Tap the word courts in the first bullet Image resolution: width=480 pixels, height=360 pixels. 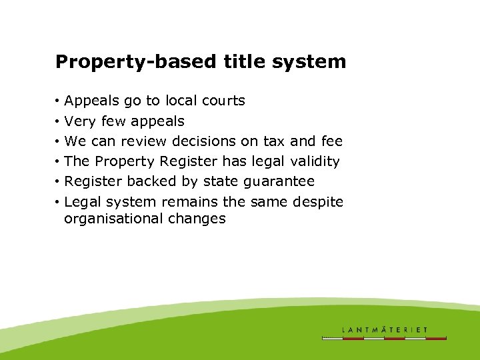click(x=222, y=101)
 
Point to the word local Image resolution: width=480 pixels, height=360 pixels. click(x=179, y=101)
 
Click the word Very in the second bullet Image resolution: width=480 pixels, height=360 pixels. click(x=79, y=121)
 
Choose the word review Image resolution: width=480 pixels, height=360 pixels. click(x=145, y=141)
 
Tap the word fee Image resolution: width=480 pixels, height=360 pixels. click(x=331, y=141)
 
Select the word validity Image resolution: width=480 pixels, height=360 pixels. click(x=315, y=161)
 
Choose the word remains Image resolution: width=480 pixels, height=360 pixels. click(x=199, y=201)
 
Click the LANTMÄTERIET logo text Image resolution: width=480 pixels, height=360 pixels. click(x=384, y=329)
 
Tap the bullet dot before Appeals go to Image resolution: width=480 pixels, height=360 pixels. click(x=59, y=101)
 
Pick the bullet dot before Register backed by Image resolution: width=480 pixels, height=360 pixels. click(x=59, y=181)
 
